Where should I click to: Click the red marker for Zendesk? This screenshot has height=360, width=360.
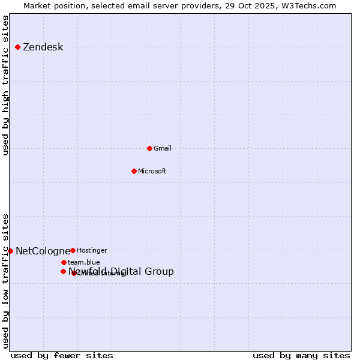tap(18, 47)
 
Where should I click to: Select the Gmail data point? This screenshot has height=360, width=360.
tap(149, 148)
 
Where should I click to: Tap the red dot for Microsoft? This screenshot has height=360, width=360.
tap(134, 171)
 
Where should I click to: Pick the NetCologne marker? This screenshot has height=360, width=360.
tap(10, 251)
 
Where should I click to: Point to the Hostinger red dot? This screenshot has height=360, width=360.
tap(73, 250)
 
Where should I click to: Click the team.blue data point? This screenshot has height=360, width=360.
tap(64, 262)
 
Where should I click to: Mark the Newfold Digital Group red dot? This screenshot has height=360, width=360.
tap(63, 271)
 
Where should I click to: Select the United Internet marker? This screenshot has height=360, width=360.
tap(74, 273)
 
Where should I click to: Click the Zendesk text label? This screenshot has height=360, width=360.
tap(43, 47)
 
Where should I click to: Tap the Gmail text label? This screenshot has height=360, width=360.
tap(163, 148)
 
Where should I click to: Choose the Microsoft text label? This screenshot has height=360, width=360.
tap(152, 171)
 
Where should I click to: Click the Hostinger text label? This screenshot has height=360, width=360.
tap(92, 250)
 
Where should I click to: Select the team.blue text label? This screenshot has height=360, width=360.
tap(84, 262)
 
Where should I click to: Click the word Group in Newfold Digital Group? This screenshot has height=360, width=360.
tap(160, 271)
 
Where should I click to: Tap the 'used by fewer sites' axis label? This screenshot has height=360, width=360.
tap(62, 355)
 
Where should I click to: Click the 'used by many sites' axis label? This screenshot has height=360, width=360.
tap(301, 355)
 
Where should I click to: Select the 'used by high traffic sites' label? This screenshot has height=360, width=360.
tap(6, 85)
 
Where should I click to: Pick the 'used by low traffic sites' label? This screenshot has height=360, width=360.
tap(6, 280)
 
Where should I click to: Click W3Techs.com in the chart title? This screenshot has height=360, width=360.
tap(310, 5)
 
